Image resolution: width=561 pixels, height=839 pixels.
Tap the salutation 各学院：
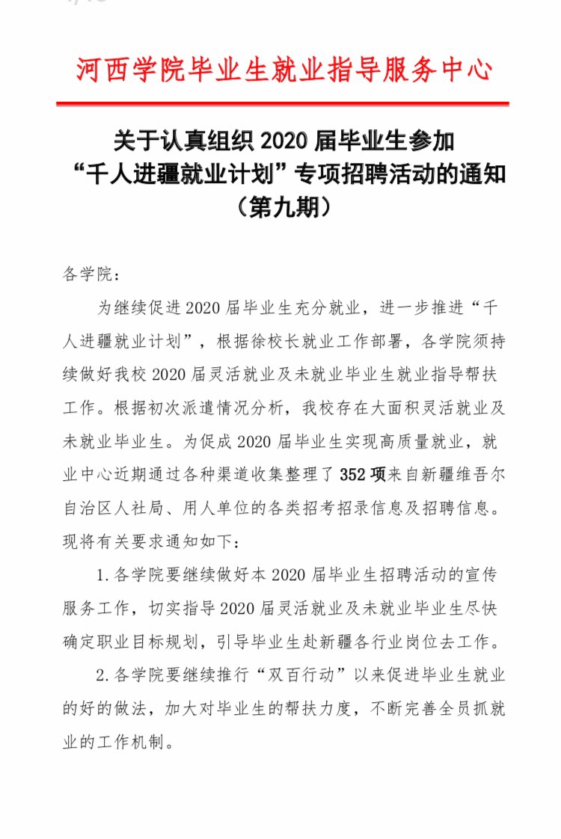[90, 274]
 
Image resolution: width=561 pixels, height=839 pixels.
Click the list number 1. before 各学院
[103, 575]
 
